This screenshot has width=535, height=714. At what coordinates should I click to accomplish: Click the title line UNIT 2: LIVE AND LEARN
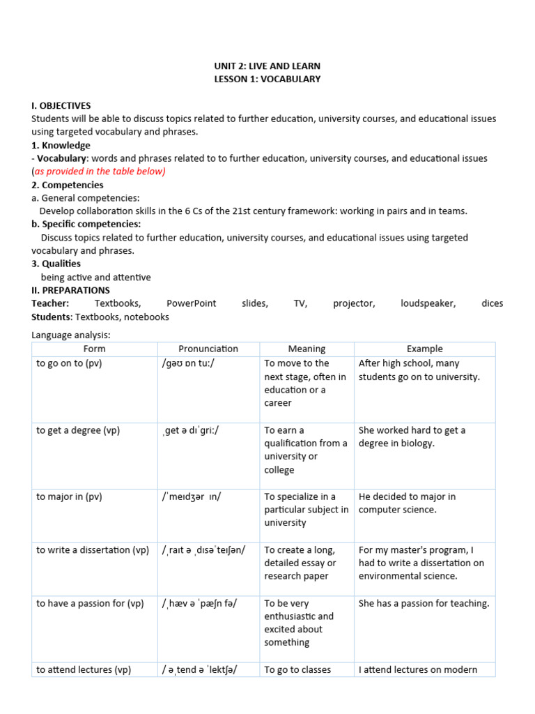(267, 66)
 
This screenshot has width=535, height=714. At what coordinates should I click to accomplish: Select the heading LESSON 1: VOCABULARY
(267, 79)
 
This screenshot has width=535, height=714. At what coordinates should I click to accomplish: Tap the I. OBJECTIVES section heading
(61, 105)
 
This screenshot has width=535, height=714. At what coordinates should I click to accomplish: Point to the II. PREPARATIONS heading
(70, 290)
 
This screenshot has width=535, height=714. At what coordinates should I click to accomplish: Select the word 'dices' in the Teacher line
(492, 303)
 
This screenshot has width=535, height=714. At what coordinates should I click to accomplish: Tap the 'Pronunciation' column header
(208, 349)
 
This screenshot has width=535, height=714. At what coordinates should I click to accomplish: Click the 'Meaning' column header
(307, 349)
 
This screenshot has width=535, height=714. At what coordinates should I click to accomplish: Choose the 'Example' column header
(424, 349)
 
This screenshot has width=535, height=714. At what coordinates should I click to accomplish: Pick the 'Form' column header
(94, 349)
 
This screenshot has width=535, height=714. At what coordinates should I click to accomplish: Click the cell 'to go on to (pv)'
(69, 363)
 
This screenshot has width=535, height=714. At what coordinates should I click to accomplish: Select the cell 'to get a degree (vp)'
(78, 430)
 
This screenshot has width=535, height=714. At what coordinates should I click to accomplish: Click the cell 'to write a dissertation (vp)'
(93, 550)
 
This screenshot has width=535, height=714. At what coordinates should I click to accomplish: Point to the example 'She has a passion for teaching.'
(424, 603)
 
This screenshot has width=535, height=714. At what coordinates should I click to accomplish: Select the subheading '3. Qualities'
(56, 264)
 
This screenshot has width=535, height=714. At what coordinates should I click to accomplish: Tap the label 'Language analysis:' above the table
(71, 335)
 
